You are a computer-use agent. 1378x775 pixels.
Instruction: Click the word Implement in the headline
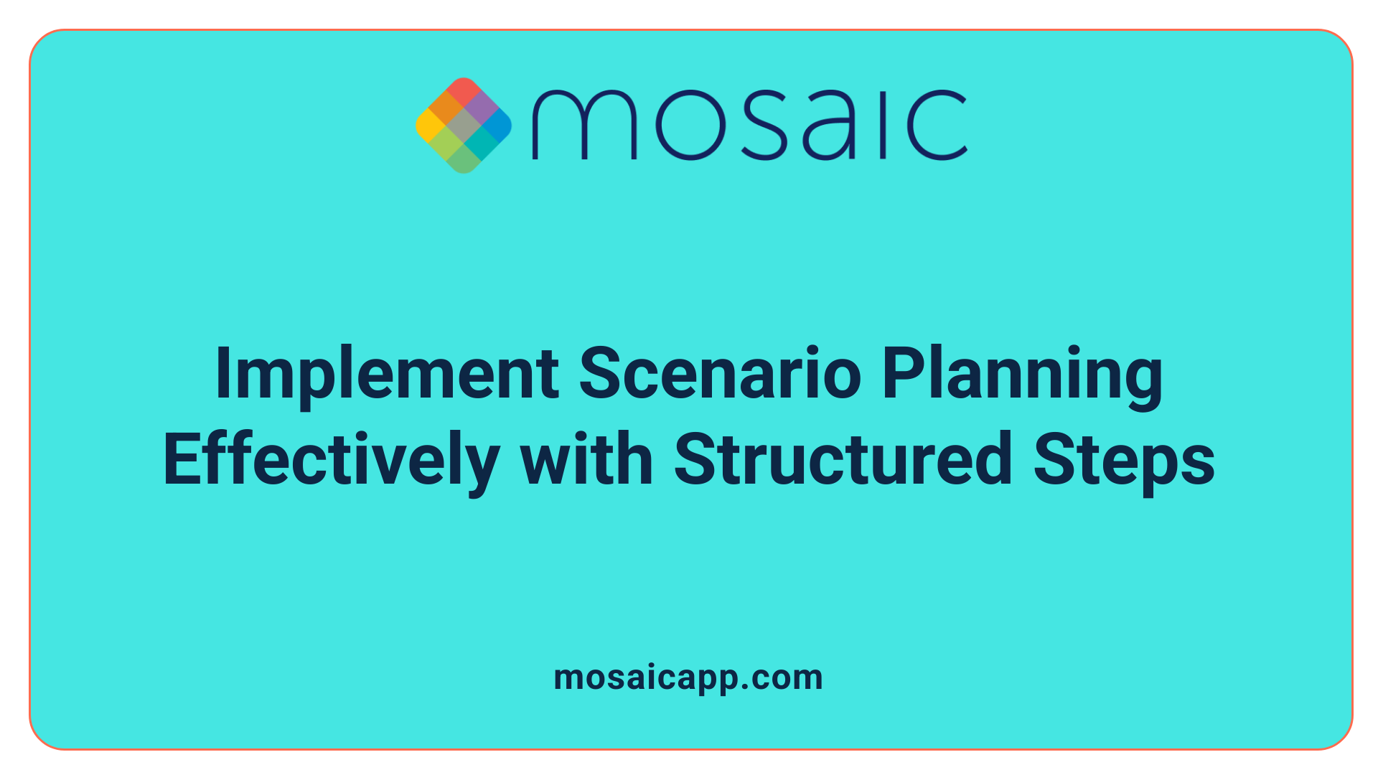click(x=387, y=375)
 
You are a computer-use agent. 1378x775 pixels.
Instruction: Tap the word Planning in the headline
click(x=1022, y=375)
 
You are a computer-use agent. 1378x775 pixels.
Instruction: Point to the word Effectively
click(x=331, y=461)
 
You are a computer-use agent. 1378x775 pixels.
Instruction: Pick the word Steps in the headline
click(x=1124, y=461)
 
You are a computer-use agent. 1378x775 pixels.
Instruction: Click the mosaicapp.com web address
click(x=688, y=677)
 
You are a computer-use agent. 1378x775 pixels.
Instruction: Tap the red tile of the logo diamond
click(x=464, y=91)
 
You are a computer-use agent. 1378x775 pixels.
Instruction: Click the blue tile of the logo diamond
click(x=497, y=126)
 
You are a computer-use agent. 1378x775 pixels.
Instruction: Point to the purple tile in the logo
click(x=481, y=108)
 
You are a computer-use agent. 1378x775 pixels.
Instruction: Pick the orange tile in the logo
click(x=446, y=108)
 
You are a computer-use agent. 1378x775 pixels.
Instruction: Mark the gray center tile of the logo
click(x=464, y=126)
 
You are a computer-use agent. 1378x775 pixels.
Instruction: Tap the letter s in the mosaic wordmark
click(x=761, y=125)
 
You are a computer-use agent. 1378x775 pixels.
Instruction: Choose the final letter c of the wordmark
click(x=936, y=125)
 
